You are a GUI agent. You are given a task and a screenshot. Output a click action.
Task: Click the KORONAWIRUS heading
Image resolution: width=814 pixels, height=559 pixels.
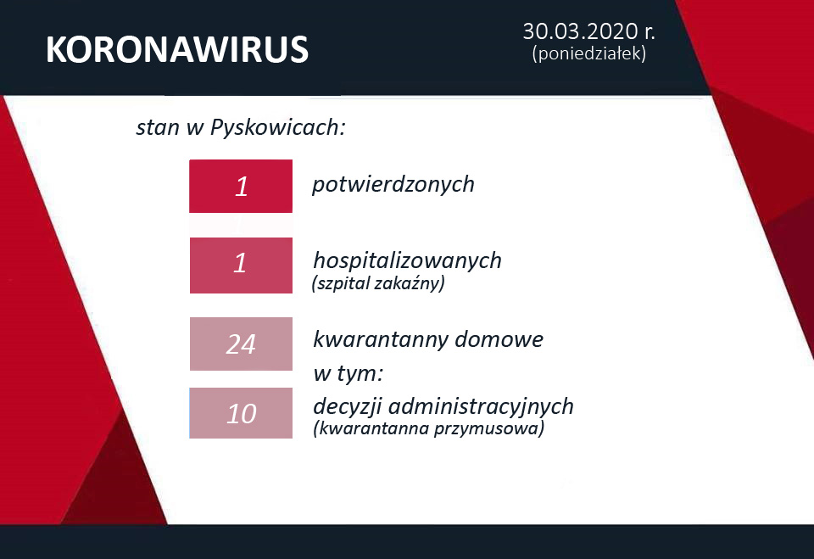(x=176, y=51)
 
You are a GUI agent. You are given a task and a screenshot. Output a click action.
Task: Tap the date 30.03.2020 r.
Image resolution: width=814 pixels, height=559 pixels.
(x=588, y=32)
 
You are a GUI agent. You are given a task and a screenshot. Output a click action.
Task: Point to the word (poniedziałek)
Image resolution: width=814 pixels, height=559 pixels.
(x=588, y=53)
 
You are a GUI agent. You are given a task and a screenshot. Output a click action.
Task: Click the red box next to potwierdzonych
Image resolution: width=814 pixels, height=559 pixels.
(x=241, y=186)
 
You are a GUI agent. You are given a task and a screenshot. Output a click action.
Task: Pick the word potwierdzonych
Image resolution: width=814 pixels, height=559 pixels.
(x=393, y=184)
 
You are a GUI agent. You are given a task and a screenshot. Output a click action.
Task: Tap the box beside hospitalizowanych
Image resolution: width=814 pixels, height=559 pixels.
(x=241, y=265)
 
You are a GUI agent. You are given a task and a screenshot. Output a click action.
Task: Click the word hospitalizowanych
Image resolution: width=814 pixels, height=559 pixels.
(x=407, y=260)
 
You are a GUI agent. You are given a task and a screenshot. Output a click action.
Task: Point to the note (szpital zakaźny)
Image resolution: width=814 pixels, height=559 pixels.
(x=378, y=284)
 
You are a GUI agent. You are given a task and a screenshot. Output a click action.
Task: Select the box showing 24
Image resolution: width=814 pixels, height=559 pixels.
(x=241, y=344)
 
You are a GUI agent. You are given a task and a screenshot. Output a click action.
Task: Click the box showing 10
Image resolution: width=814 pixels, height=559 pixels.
(x=241, y=413)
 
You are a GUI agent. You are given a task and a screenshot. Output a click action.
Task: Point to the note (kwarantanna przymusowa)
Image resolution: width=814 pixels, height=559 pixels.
(x=428, y=429)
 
